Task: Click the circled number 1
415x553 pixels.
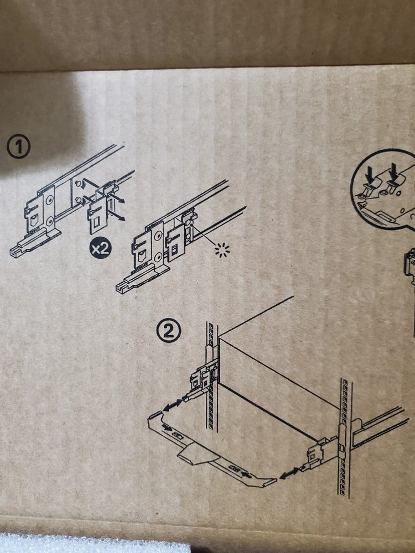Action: [19, 147]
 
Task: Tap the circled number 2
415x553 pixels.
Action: [169, 331]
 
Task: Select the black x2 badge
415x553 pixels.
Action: [100, 248]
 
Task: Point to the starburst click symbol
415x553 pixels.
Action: [222, 250]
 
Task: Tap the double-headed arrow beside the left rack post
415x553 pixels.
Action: [173, 405]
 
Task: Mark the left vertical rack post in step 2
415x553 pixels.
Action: [212, 377]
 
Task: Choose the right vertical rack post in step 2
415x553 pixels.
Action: [345, 437]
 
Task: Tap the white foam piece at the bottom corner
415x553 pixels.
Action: [95, 544]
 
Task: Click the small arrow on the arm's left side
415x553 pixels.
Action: [168, 428]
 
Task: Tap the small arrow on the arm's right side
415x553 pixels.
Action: [247, 474]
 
